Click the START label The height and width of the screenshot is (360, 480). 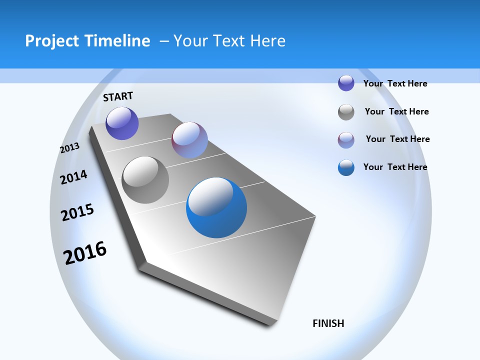tap(118, 96)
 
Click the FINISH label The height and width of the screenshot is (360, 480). tap(328, 323)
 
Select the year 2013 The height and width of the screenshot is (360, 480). tap(69, 148)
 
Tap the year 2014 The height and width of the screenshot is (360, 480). tap(73, 177)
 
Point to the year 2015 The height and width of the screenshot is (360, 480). tap(77, 212)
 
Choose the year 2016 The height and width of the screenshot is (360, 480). tap(85, 252)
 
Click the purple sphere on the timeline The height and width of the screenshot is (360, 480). tap(122, 123)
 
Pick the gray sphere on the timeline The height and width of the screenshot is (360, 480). tap(145, 180)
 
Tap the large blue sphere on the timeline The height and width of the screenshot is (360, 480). tap(216, 207)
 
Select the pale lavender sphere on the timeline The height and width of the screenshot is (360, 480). tap(189, 140)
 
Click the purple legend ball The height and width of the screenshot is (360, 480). tap(346, 83)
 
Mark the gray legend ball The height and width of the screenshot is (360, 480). tap(346, 112)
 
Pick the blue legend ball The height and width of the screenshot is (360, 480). tap(346, 167)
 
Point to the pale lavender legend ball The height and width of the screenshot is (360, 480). tap(346, 140)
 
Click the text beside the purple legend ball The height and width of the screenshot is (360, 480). tap(395, 84)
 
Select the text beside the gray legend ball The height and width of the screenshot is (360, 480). tap(396, 111)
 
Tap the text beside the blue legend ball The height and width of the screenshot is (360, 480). tap(395, 167)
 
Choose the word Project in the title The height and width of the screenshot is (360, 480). tap(52, 41)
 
